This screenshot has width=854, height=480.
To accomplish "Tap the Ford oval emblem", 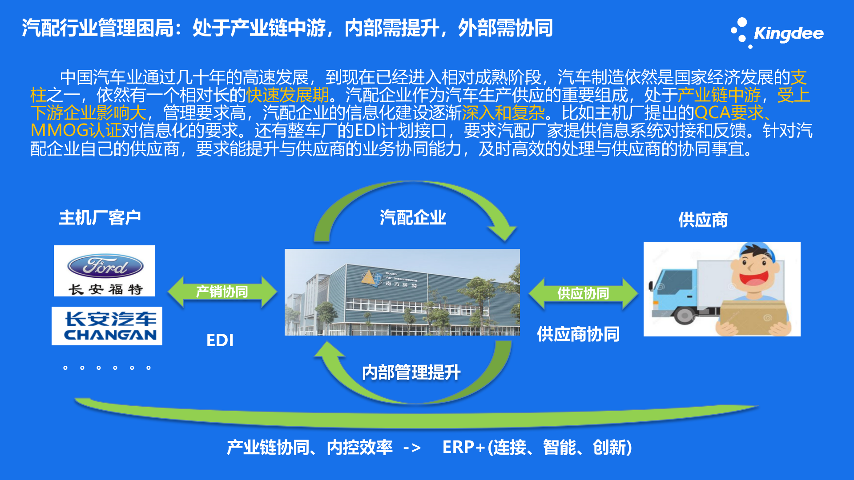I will point(105,266).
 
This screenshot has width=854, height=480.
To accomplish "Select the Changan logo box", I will point(107,326).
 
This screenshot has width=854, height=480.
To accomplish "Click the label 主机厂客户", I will point(100,218).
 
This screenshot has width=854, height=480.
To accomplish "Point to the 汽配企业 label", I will point(413,218).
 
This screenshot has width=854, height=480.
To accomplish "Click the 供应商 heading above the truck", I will point(703,220).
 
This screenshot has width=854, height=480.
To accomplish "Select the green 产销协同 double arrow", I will point(222,292).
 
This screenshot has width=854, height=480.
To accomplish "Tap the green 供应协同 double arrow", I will point(583,293).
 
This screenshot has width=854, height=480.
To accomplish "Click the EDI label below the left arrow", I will point(220,340).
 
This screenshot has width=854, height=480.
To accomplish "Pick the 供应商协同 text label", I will point(578,334).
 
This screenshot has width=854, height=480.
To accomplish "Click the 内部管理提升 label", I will point(411,372).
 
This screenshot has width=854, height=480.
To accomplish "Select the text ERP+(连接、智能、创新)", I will point(537,447).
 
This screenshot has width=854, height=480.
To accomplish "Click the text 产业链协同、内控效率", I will point(310,447).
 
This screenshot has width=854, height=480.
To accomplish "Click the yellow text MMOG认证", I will point(76,131).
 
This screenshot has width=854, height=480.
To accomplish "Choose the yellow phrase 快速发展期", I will point(287,95).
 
